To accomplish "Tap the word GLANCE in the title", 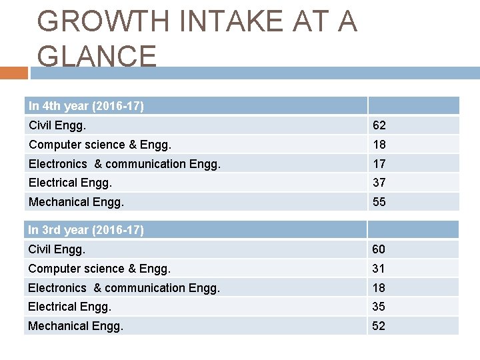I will (97, 56).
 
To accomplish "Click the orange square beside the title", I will (13, 73).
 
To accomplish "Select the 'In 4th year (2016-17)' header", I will (86, 106).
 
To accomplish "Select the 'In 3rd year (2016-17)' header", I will (86, 230).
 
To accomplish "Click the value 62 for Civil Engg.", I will (379, 125).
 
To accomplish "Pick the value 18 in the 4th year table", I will (379, 145).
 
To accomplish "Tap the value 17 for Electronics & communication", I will (379, 164).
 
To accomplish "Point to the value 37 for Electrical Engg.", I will (379, 183).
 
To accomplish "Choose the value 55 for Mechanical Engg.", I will (379, 202).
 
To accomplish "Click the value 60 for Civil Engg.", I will (379, 249).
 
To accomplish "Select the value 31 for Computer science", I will (379, 269).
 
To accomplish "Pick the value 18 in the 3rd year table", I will (379, 288).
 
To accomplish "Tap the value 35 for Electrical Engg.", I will (379, 307).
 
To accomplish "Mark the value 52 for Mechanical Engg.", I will (379, 326).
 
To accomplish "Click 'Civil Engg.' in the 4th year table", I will (57, 125).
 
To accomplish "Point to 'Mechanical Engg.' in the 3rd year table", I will (76, 326).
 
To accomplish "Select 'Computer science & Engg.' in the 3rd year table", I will (99, 269).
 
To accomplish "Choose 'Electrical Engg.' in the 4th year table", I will (70, 183).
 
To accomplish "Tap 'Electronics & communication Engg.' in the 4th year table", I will (124, 164).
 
